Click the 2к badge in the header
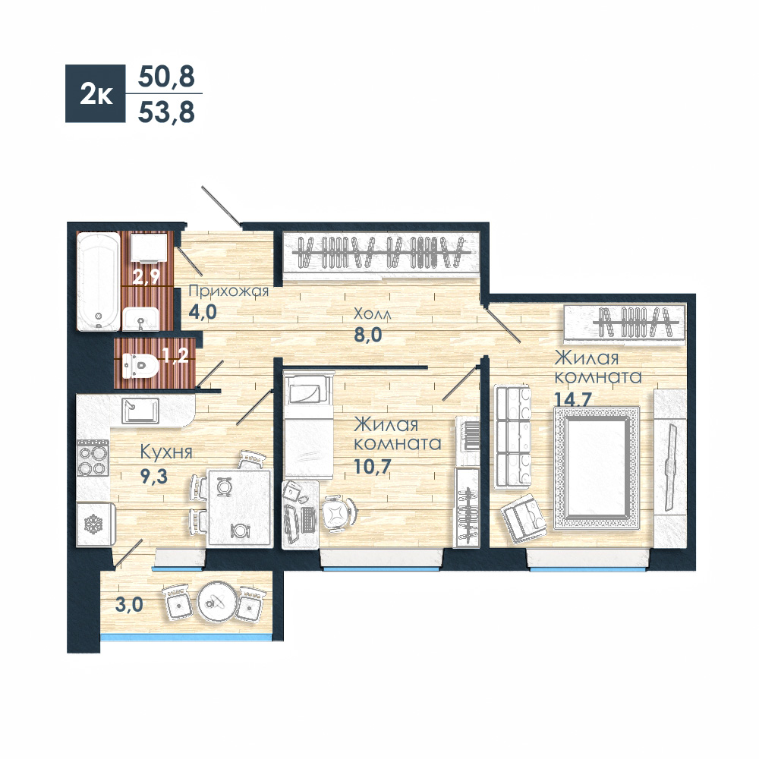[x=96, y=93]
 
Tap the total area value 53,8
[x=166, y=112]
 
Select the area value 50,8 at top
[x=166, y=77]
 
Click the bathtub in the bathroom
[x=98, y=282]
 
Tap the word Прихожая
[x=228, y=291]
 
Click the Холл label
[x=372, y=313]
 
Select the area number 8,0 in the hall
[x=368, y=335]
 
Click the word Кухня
[x=166, y=452]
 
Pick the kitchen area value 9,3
[x=153, y=477]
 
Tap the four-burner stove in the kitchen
[x=93, y=458]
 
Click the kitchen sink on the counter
[x=140, y=411]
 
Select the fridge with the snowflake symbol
[x=96, y=524]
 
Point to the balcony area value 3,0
[x=129, y=605]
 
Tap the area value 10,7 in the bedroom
[x=372, y=466]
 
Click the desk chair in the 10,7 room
[x=339, y=512]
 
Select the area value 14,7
[x=573, y=400]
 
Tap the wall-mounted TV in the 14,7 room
[x=670, y=467]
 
